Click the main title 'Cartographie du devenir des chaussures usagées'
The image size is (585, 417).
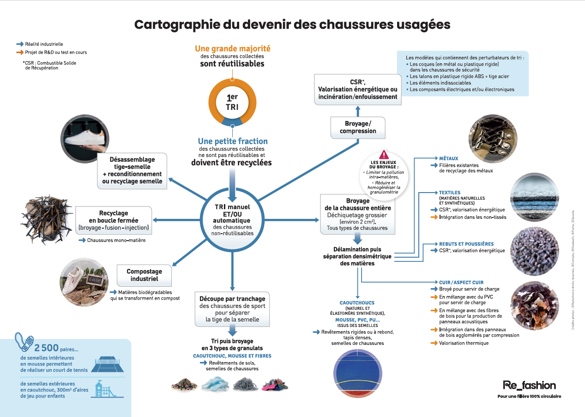[292, 24]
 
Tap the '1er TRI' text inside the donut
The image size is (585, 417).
[232, 103]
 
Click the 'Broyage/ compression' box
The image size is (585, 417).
[357, 127]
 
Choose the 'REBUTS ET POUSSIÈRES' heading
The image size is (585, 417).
[466, 244]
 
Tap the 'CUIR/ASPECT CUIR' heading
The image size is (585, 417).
[461, 282]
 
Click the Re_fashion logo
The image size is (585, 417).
[529, 385]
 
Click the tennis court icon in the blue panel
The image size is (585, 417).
[109, 363]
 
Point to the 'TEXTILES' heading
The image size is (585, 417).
[449, 193]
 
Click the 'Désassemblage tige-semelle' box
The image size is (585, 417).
[132, 170]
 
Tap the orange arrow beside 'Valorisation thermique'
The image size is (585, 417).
[434, 343]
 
